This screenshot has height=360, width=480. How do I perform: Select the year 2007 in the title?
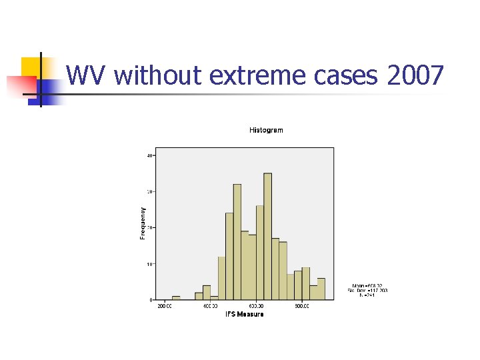click(x=414, y=76)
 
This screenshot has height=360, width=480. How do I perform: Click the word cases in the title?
click(x=347, y=76)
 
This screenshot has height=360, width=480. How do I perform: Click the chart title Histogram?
click(x=266, y=130)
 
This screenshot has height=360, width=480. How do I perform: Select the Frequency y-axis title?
click(x=143, y=222)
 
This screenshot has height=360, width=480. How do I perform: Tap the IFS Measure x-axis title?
click(x=244, y=314)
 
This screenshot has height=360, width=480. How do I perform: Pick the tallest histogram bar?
click(x=267, y=236)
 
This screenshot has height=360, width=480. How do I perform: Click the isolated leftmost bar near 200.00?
click(x=176, y=298)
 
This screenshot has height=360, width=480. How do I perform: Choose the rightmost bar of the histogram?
click(x=321, y=289)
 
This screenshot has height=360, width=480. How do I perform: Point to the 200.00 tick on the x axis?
click(x=164, y=307)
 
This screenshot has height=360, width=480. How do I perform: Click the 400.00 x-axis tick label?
click(x=210, y=307)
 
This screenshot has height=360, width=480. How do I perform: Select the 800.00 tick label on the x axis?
click(x=302, y=307)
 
